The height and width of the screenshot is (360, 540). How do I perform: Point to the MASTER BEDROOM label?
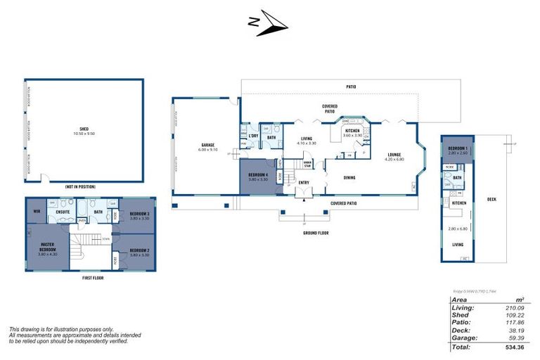[48, 247]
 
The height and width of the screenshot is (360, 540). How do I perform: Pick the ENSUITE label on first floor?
[63, 211]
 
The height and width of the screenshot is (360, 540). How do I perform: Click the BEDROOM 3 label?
[139, 214]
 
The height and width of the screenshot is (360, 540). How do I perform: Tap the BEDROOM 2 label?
[139, 252]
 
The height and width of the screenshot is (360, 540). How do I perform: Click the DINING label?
[349, 177]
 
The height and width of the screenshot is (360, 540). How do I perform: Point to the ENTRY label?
[304, 183]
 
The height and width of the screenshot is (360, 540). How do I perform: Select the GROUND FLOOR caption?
[316, 233]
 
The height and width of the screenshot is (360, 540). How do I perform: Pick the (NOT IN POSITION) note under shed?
[79, 186]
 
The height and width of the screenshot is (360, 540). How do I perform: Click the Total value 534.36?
[515, 347]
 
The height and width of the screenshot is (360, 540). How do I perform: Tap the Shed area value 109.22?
[517, 314]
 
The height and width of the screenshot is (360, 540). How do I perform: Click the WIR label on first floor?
[35, 211]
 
